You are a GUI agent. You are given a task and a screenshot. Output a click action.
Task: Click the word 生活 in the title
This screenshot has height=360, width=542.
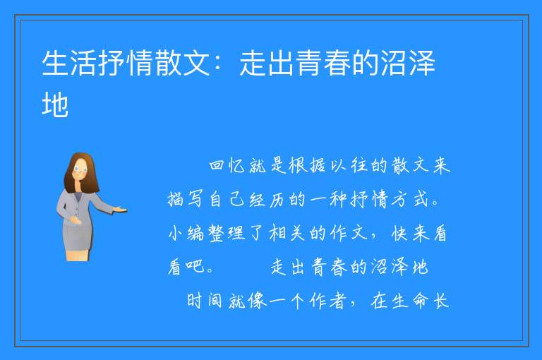(69, 63)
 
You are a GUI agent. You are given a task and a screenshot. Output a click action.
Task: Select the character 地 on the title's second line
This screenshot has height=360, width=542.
(55, 103)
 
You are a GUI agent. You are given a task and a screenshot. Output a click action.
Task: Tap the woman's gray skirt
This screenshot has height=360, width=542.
(77, 237)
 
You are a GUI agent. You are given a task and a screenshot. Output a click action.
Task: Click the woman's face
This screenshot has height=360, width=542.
(80, 171)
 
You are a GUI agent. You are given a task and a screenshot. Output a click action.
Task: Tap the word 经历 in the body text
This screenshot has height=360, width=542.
(266, 199)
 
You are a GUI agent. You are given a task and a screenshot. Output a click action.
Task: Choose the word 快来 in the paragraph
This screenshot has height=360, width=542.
(411, 234)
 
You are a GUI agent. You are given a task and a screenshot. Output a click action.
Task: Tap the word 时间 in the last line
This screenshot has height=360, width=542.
(204, 301)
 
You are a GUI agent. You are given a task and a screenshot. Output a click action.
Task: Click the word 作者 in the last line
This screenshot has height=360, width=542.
(327, 301)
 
